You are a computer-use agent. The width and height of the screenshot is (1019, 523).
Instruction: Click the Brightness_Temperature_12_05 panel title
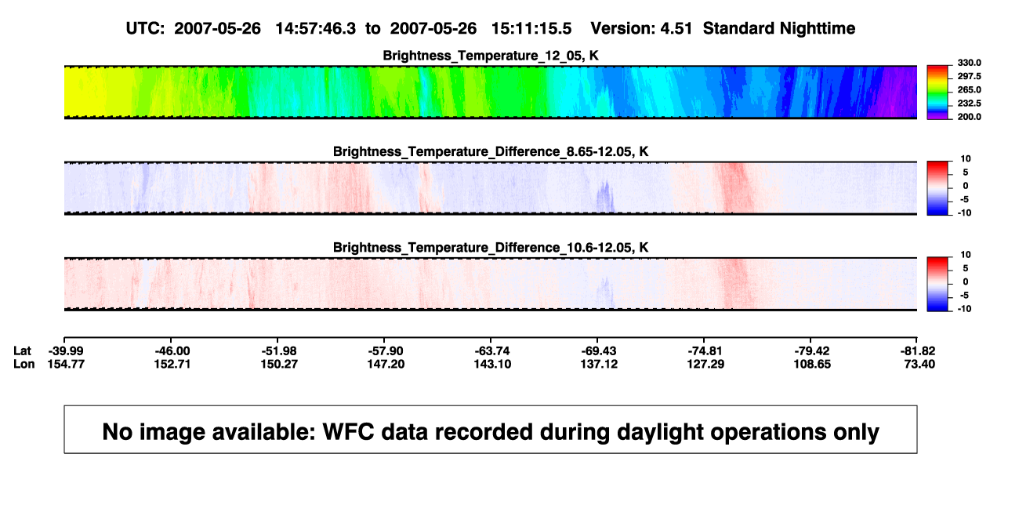pyautogui.click(x=490, y=56)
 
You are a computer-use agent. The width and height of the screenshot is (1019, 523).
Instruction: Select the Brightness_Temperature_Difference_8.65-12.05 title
pyautogui.click(x=491, y=151)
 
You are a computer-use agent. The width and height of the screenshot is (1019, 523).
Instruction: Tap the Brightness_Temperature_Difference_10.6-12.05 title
pyautogui.click(x=491, y=248)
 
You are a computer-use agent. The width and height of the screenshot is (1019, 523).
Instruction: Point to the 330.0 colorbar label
pyautogui.click(x=969, y=63)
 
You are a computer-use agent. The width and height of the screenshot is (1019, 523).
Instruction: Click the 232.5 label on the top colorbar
pyautogui.click(x=969, y=104)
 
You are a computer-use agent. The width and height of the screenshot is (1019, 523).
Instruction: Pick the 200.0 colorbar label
pyautogui.click(x=969, y=117)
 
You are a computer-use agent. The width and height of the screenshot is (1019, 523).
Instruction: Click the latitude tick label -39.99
pyautogui.click(x=66, y=351)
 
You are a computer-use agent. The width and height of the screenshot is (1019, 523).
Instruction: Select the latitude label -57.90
pyautogui.click(x=386, y=351)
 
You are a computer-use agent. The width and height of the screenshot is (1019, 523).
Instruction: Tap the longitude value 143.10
pyautogui.click(x=492, y=364)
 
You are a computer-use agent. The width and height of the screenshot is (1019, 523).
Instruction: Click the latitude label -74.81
pyautogui.click(x=705, y=351)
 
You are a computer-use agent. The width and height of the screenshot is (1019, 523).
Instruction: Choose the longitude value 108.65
pyautogui.click(x=812, y=364)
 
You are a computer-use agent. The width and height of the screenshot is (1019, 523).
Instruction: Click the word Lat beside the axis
pyautogui.click(x=22, y=351)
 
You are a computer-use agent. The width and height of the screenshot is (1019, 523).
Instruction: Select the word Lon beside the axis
pyautogui.click(x=24, y=364)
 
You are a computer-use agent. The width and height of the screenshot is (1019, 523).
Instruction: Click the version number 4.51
pyautogui.click(x=676, y=29)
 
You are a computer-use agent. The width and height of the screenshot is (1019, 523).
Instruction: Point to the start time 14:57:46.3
pyautogui.click(x=316, y=29)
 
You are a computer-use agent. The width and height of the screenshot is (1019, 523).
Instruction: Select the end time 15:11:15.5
pyautogui.click(x=531, y=29)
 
